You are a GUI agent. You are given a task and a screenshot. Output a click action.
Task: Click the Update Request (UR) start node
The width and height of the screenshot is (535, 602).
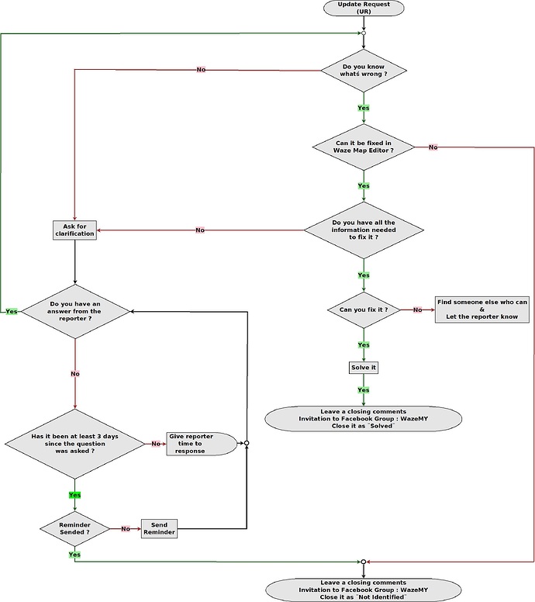364,9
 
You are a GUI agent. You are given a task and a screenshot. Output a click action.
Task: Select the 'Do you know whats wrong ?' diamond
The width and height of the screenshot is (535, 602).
364,70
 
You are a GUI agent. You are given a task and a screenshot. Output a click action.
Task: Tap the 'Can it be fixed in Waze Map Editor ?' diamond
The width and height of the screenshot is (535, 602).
364,146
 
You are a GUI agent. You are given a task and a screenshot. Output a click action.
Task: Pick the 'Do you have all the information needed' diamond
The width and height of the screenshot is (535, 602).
364,230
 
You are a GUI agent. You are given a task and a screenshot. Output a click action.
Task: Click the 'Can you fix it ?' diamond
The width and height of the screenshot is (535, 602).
364,310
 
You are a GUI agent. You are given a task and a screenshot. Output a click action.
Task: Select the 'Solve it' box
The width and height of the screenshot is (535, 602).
364,366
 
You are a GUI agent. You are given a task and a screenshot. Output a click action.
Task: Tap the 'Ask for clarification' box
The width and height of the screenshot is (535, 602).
74,230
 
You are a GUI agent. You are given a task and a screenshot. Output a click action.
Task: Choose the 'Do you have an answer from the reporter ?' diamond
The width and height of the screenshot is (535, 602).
75,311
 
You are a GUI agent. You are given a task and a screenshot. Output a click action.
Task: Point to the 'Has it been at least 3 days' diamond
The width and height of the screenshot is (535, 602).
75,443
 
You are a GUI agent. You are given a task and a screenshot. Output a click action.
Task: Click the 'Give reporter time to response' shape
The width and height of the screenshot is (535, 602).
201,443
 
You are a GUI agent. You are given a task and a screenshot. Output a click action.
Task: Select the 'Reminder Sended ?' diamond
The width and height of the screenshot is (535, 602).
75,529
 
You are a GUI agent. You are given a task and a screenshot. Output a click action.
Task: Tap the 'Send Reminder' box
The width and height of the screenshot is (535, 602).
159,529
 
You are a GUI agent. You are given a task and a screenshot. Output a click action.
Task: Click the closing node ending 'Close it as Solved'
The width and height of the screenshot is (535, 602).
364,419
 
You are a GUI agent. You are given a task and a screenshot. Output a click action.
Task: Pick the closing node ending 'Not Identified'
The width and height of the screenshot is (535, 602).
364,590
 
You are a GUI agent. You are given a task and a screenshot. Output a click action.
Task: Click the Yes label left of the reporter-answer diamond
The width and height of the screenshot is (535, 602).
12,311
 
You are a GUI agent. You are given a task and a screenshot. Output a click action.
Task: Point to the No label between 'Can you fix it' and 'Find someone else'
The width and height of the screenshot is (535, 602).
418,310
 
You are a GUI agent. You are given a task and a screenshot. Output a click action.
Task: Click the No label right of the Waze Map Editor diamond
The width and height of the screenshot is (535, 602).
433,147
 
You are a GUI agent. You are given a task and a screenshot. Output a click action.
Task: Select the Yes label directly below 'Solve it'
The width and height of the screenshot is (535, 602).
364,390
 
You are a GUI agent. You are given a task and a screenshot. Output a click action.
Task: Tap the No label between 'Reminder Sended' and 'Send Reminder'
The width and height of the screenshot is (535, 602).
126,529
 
